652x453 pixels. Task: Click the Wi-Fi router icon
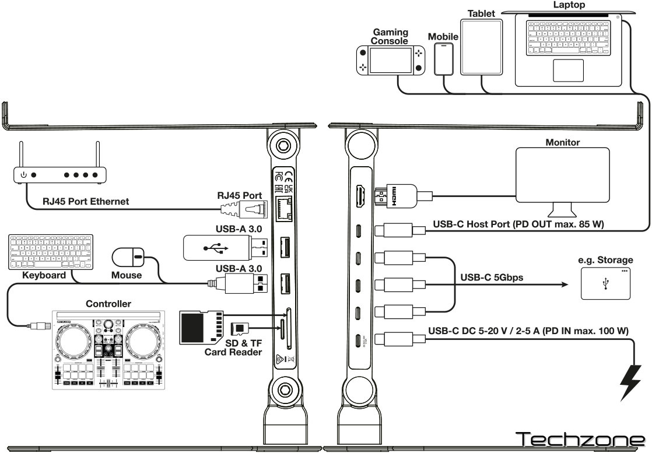pos(59,174)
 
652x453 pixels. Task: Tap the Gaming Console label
pos(390,37)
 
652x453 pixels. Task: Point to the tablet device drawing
pos(481,47)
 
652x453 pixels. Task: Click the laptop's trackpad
pos(568,70)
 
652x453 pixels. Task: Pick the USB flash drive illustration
pos(223,247)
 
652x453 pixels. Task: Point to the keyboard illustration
pos(40,251)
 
